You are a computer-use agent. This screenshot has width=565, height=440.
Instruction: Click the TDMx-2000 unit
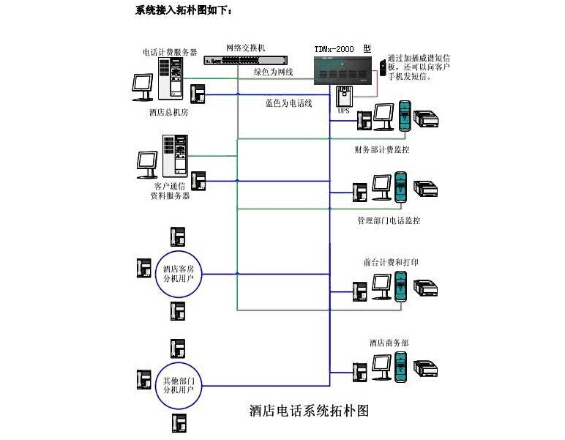(342, 69)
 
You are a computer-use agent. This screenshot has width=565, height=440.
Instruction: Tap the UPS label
(343, 111)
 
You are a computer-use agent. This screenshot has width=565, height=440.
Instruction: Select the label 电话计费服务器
(170, 52)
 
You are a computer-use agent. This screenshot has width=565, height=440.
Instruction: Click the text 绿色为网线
(273, 72)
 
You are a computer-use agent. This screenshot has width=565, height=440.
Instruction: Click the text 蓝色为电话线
(288, 104)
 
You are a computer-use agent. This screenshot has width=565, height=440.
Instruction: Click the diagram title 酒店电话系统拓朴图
(309, 410)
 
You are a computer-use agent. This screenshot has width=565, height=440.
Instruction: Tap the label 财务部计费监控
(382, 150)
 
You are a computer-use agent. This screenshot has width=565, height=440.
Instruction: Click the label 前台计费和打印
(391, 261)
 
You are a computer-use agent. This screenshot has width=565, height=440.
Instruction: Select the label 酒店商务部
(389, 343)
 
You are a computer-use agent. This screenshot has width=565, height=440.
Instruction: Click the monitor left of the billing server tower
(142, 86)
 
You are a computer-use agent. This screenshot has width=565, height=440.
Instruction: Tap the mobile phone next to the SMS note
(382, 67)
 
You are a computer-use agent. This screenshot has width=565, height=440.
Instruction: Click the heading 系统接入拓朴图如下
(184, 10)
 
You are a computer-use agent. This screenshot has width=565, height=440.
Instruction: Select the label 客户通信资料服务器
(170, 191)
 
